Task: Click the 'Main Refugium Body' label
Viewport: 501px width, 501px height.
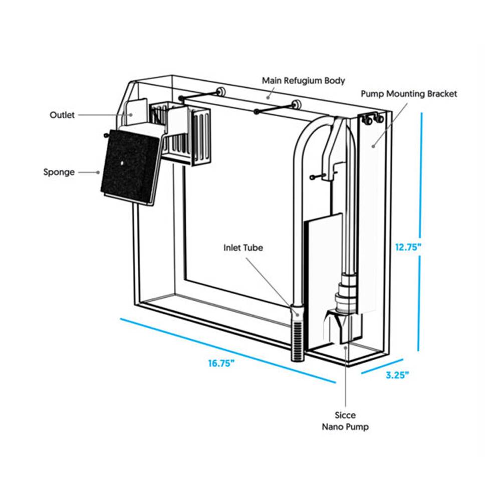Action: (304, 80)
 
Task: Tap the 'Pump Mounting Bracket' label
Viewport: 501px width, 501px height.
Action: (409, 94)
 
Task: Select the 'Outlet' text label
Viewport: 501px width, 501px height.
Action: (62, 115)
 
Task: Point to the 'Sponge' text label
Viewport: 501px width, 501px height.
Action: (59, 172)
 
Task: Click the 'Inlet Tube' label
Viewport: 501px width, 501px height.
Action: (243, 247)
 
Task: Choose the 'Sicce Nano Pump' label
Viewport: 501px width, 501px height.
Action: (346, 421)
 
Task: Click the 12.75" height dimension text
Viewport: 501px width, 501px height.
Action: (408, 246)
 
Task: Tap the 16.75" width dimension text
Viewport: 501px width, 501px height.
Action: (221, 363)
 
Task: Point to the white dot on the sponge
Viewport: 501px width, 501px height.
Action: (122, 163)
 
